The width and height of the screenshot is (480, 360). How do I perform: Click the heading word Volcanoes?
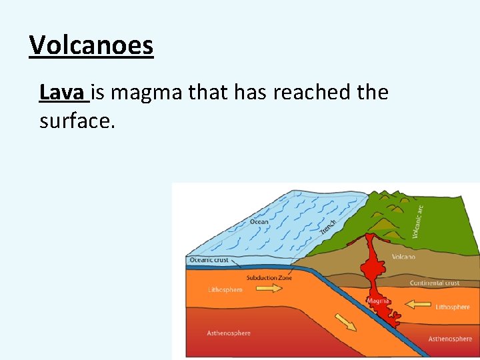point(91,45)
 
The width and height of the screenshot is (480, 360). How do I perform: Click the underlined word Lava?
point(63,92)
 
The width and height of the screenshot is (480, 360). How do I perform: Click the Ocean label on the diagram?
point(259,222)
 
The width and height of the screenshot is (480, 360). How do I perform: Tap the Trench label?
point(328,227)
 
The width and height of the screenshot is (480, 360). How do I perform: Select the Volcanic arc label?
point(417,221)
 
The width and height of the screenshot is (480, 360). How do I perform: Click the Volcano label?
point(403,257)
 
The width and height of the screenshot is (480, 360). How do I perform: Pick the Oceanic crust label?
point(209,260)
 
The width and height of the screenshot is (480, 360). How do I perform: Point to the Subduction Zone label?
point(269,277)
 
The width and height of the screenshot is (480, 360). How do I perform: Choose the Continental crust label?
point(434,283)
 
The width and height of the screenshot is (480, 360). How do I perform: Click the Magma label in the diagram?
point(378,301)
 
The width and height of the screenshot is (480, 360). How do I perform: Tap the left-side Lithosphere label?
point(225,290)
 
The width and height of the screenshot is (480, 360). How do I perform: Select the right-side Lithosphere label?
point(453,307)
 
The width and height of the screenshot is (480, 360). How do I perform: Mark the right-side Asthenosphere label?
point(450,339)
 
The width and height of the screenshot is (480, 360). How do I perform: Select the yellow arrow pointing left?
point(419,305)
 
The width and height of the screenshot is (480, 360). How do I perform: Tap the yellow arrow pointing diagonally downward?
point(345,323)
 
